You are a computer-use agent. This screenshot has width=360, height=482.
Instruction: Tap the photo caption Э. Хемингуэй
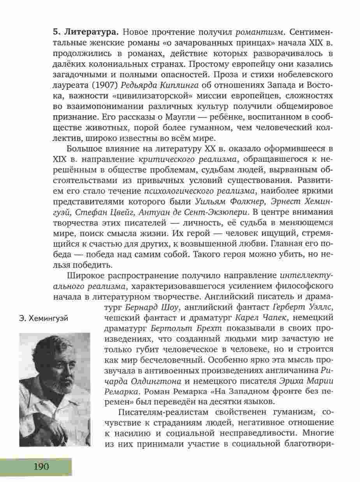43,319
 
